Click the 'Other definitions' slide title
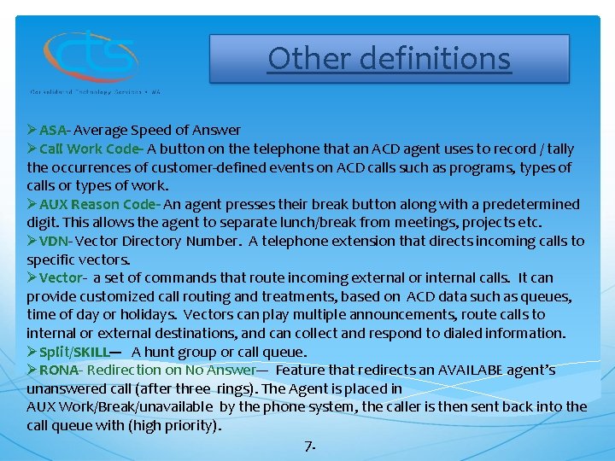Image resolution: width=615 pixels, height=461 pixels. (x=389, y=58)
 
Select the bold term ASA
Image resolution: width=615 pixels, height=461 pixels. (x=53, y=131)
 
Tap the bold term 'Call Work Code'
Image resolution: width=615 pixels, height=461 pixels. (x=90, y=149)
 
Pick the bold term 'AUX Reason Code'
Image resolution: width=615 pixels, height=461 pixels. (x=97, y=204)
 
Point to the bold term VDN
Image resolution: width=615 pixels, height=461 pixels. (x=54, y=241)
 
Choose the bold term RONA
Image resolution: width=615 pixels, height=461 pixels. (x=59, y=370)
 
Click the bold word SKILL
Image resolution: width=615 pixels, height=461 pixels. (x=91, y=352)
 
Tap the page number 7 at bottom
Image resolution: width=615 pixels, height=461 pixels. (x=309, y=446)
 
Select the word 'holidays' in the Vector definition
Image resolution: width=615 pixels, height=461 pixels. (x=148, y=314)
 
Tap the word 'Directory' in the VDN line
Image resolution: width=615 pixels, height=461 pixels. (x=152, y=241)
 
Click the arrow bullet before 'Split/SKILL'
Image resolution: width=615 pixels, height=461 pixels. (x=32, y=352)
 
